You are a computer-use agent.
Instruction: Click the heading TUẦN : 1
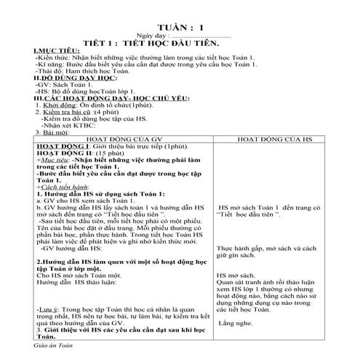click(179, 27)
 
